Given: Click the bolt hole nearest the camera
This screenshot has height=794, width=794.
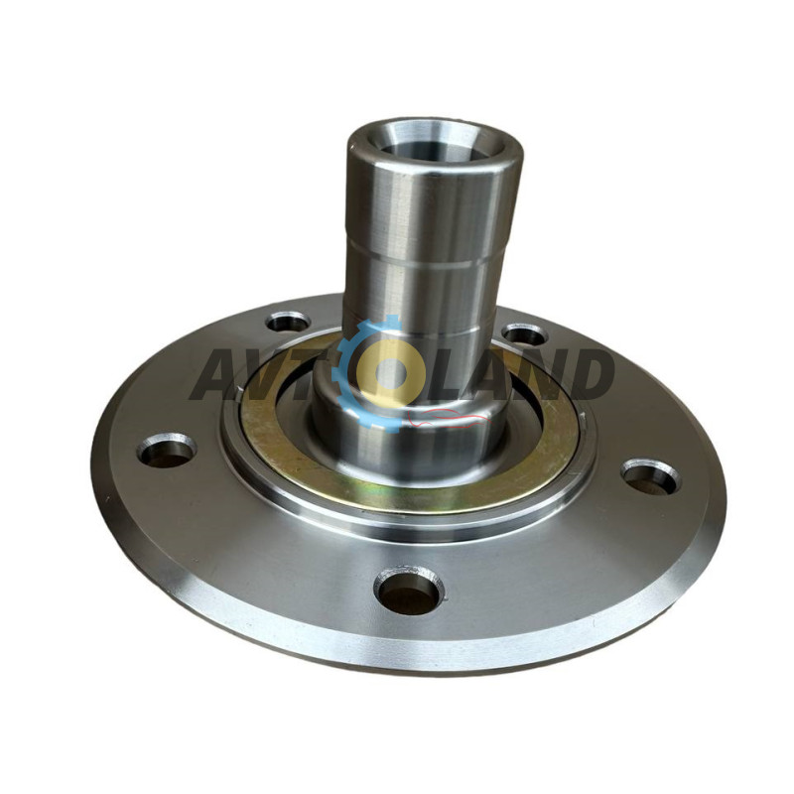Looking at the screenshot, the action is pos(409,590).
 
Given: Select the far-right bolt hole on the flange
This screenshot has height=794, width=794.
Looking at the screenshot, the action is pos(651,476).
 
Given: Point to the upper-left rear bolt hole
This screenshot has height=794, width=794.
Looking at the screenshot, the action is pos(288,322).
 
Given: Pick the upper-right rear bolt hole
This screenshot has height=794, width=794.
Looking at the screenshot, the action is pos(525,334).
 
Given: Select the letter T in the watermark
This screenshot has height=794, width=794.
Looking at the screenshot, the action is pos(325,374).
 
